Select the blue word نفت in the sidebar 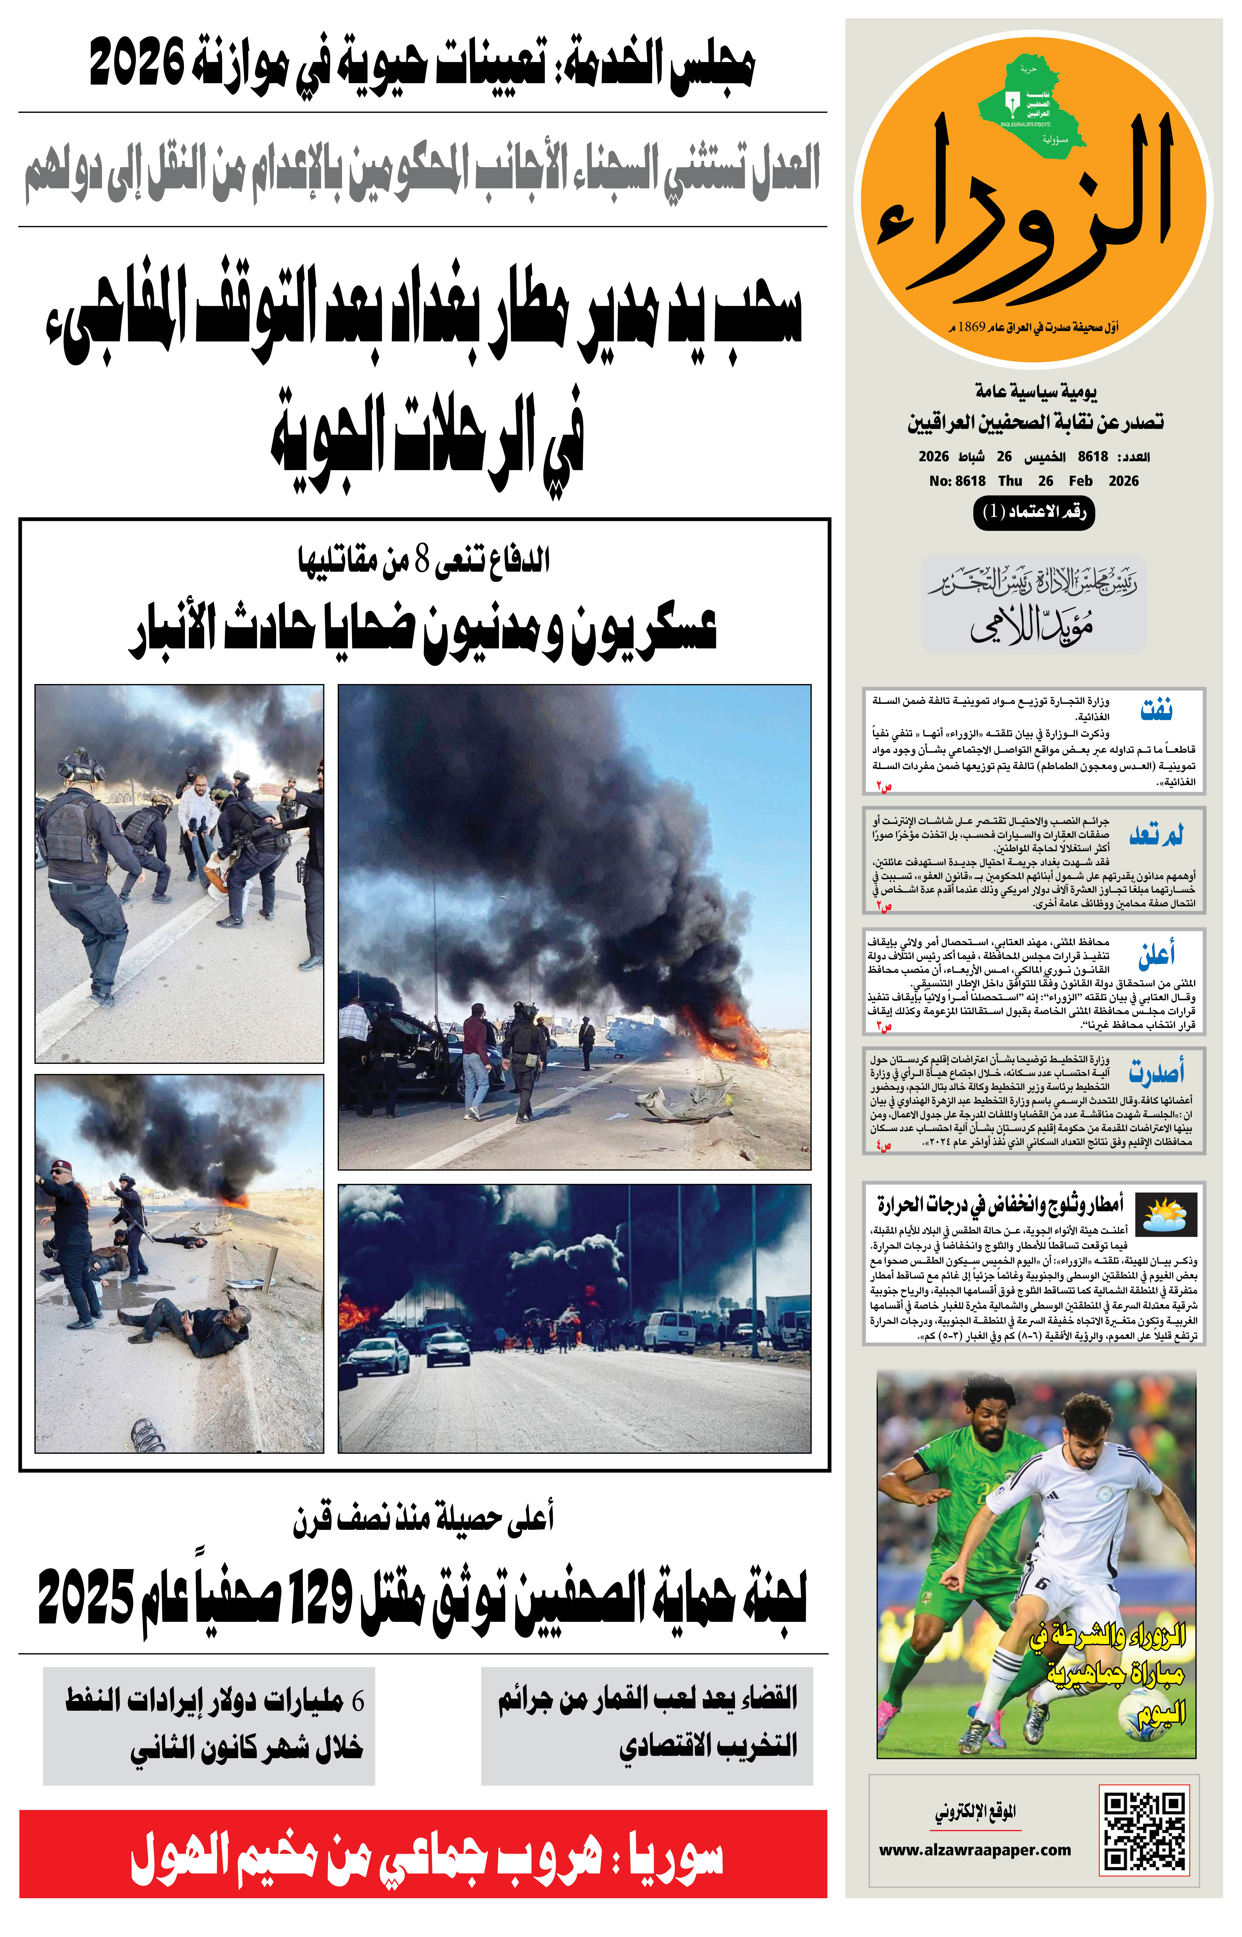[x=1156, y=710]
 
